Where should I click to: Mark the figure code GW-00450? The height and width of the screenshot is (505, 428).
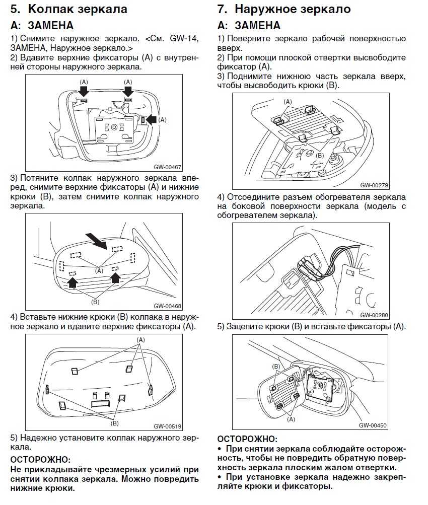point(373,425)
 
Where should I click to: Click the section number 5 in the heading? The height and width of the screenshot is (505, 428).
point(15,9)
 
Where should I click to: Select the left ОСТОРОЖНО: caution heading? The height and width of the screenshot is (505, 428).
point(41,459)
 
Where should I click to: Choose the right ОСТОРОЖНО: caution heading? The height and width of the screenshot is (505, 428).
point(247,439)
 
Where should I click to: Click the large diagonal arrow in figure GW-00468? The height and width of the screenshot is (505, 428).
point(97,240)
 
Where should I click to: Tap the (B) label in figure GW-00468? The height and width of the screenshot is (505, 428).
point(95,302)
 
